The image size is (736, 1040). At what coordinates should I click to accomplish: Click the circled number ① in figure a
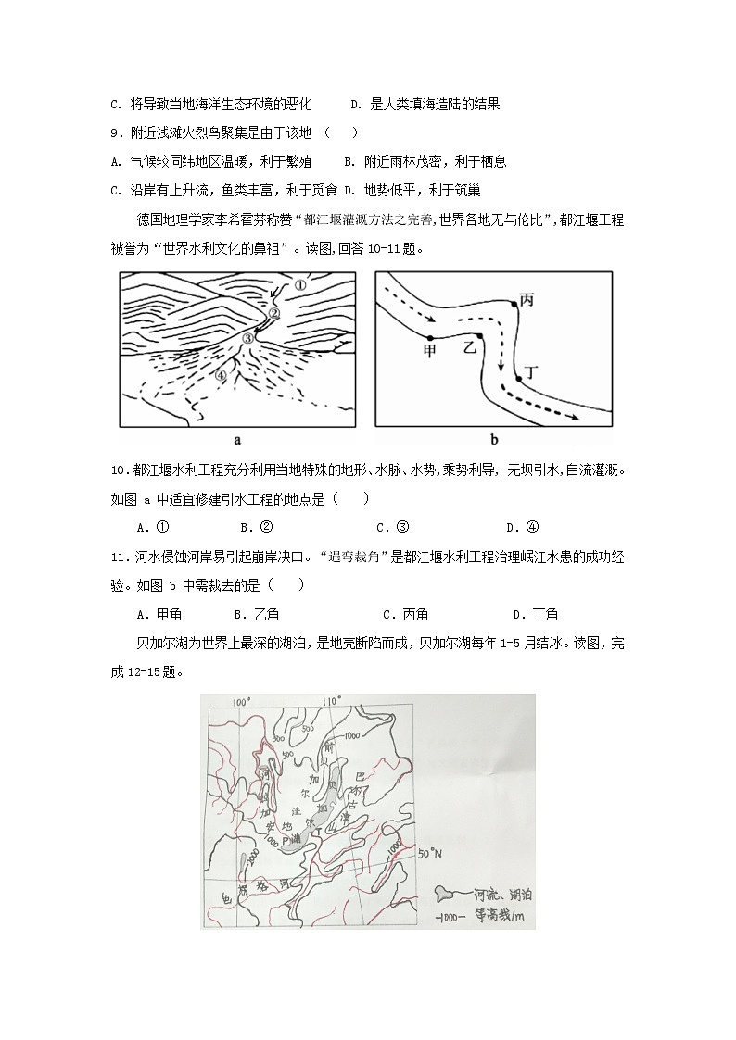(299, 286)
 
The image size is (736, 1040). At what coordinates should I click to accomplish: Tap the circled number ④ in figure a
(220, 375)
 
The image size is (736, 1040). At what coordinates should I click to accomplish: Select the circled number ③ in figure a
(247, 339)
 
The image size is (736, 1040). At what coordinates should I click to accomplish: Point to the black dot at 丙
(514, 303)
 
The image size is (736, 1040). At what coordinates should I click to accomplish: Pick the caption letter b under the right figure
(494, 440)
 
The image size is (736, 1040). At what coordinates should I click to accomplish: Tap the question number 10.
(118, 471)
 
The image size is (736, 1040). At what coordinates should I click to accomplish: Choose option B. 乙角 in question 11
(257, 614)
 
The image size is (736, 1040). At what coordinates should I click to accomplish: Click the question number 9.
(115, 132)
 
